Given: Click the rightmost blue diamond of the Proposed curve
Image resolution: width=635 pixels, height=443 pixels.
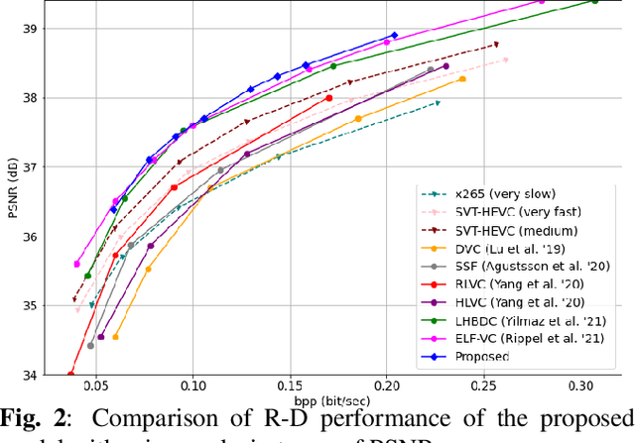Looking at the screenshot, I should pyautogui.click(x=394, y=36).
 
